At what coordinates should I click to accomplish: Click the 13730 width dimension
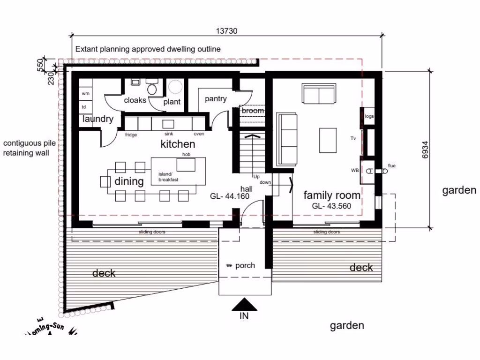(227, 31)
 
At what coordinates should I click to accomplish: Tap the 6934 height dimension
(425, 150)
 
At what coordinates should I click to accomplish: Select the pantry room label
(216, 99)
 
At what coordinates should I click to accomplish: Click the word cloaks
(135, 100)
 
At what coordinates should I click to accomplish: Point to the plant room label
(172, 102)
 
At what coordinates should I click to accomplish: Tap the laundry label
(98, 119)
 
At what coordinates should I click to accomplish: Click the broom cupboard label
(253, 111)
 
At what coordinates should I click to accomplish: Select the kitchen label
(178, 144)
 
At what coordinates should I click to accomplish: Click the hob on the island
(186, 165)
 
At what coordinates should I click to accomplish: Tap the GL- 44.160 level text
(230, 196)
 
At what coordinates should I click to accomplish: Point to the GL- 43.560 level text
(332, 206)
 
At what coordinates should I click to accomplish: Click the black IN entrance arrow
(244, 305)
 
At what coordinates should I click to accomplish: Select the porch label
(245, 265)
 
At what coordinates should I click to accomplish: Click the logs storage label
(369, 116)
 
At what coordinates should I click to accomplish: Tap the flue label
(391, 165)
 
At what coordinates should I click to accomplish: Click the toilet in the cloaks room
(152, 88)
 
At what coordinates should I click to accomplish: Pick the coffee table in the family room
(328, 140)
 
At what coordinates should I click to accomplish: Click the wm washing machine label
(85, 94)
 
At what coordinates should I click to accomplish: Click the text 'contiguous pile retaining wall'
(26, 148)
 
